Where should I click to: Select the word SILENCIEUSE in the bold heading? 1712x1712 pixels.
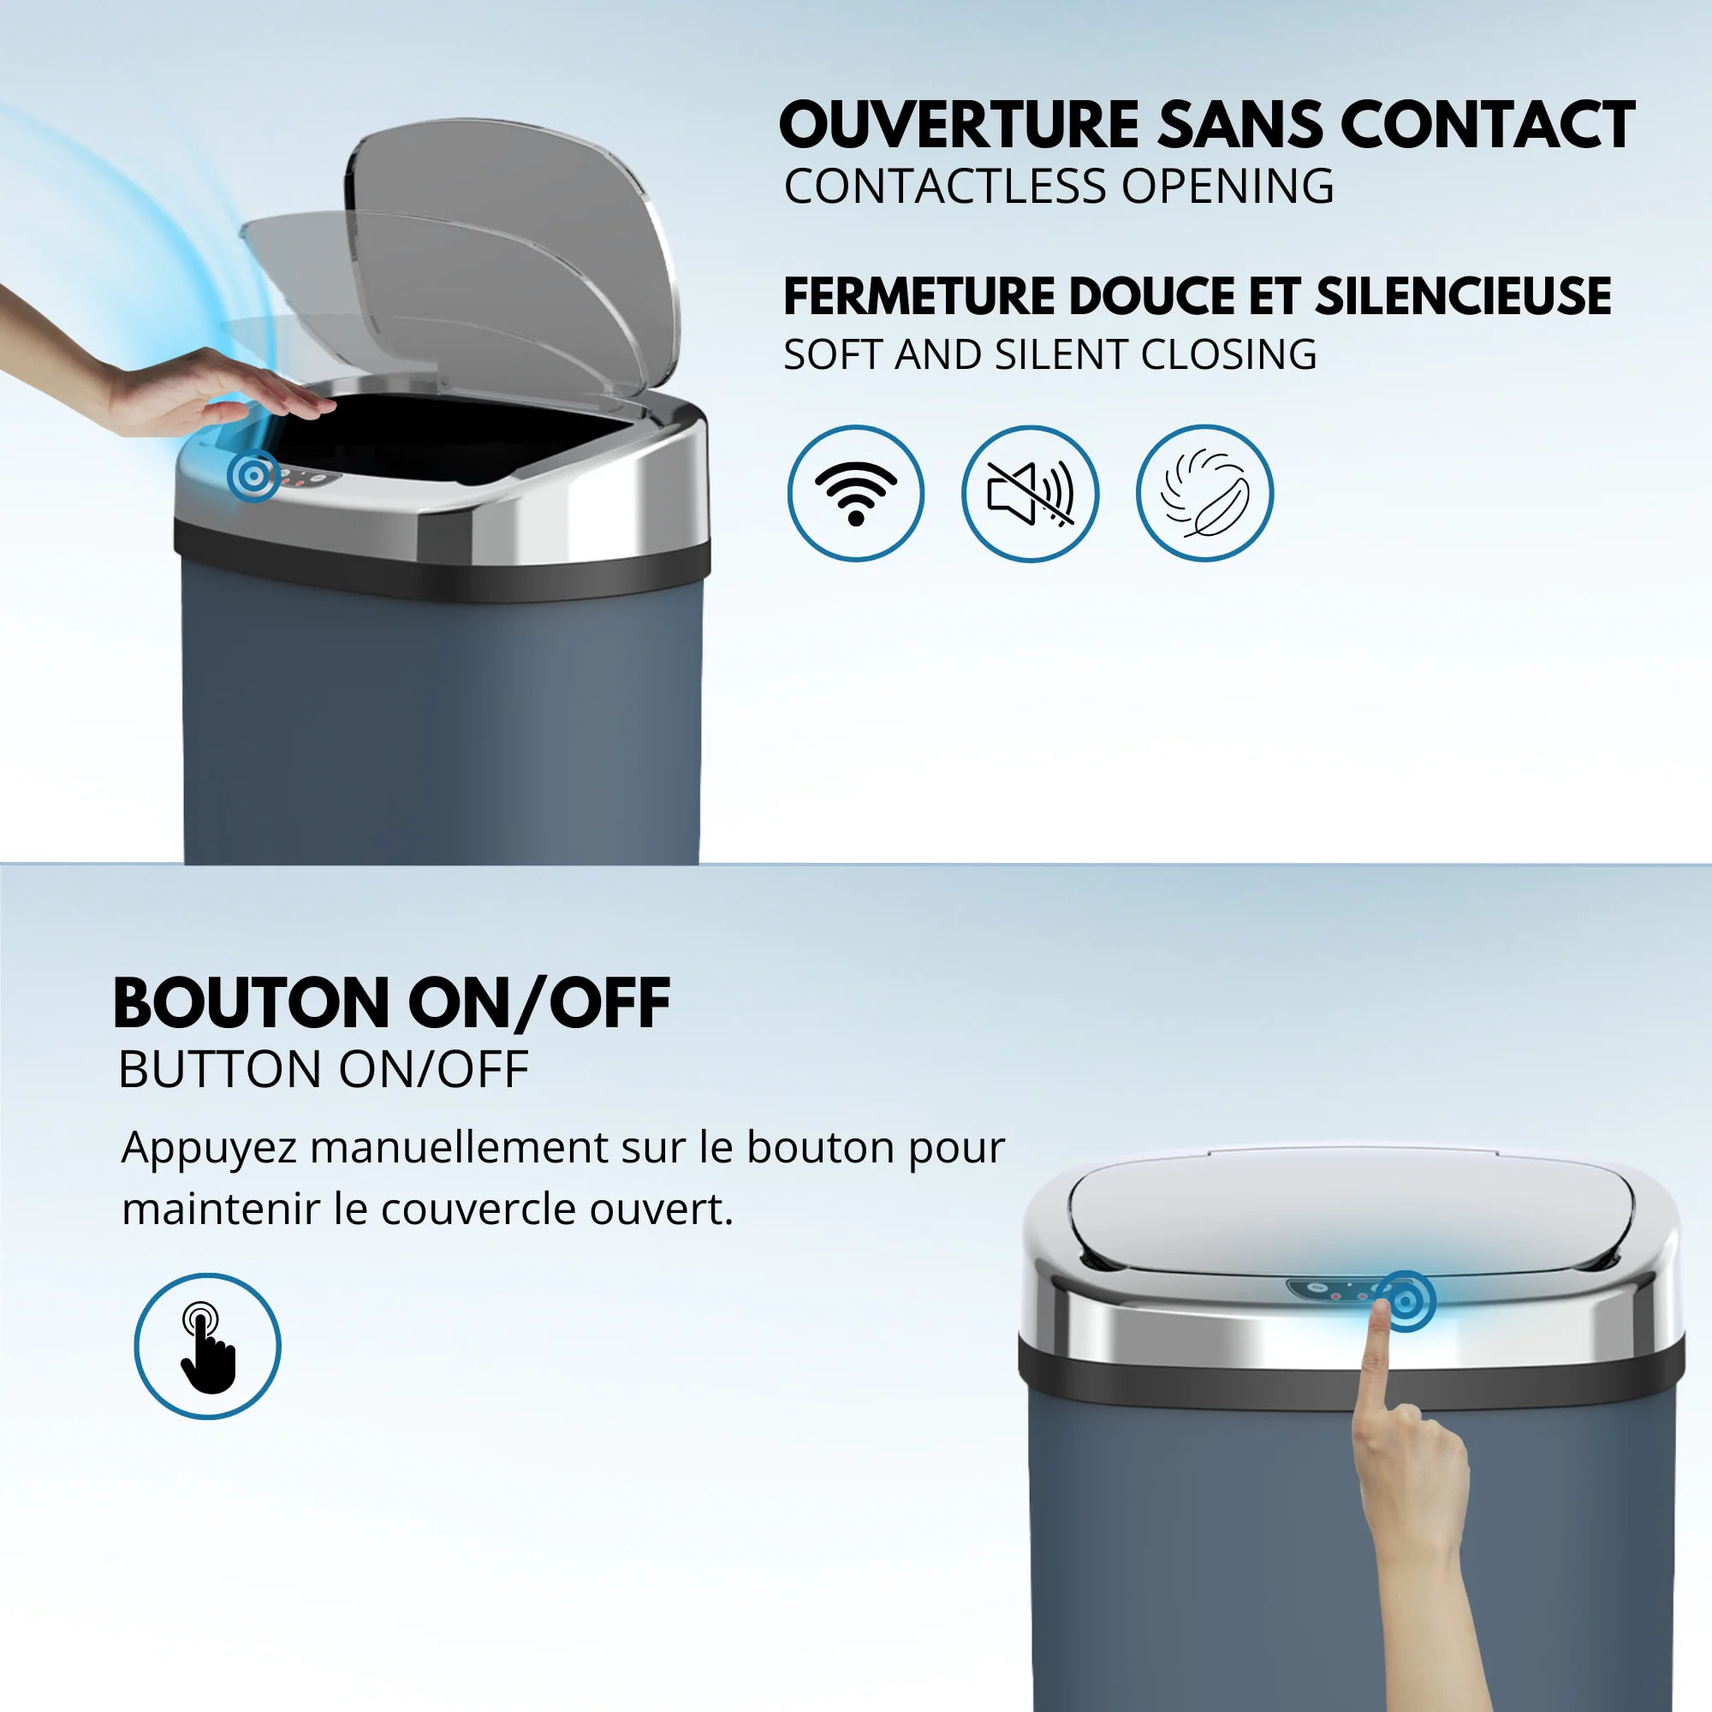point(1463,296)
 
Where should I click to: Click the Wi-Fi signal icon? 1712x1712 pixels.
point(855,493)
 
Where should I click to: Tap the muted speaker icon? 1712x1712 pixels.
point(1030,493)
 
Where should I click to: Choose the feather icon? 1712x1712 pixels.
point(1204,493)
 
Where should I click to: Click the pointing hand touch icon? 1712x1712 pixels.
point(207,1346)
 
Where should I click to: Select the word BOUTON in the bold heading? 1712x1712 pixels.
point(252,1004)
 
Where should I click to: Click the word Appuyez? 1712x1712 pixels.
point(209,1150)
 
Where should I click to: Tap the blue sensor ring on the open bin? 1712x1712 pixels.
point(253,476)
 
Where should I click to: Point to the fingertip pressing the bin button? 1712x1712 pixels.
point(1382,1309)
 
